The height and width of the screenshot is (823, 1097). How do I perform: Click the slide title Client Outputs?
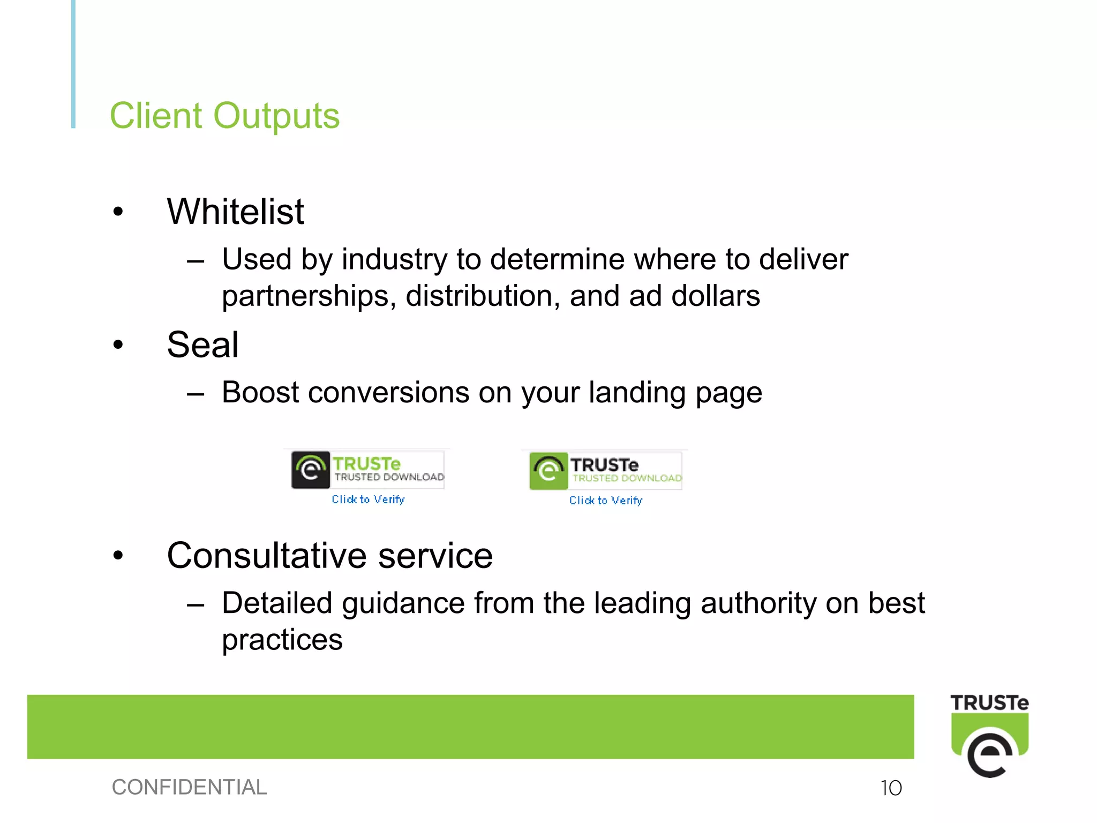224,116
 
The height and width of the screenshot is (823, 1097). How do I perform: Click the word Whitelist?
235,212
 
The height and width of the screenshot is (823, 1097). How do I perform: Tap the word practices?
282,640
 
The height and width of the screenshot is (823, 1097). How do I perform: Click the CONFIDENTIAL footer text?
189,787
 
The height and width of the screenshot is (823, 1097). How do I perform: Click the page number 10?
891,788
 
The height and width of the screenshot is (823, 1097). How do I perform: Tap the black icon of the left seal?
311,470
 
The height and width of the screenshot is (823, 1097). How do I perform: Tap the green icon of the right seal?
548,471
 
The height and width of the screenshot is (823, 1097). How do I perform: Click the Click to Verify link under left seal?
368,499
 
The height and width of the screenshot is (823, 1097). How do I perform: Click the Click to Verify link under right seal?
605,500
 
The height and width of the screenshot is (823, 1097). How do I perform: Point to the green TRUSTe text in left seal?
366,463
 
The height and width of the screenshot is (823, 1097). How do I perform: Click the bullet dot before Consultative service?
118,556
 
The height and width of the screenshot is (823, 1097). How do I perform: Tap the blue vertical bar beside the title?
73,64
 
